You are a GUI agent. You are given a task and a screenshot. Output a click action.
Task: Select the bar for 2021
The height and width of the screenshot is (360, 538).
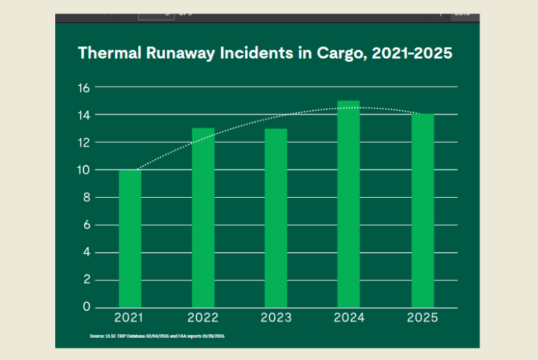(130, 238)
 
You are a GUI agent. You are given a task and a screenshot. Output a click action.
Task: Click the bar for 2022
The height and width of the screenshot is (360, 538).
(203, 217)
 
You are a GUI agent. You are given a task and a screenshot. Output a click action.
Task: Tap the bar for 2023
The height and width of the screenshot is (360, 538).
(276, 217)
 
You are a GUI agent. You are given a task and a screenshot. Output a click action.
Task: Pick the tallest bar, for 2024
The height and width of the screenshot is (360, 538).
(349, 204)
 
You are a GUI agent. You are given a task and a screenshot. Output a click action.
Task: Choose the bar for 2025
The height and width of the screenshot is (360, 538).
(422, 211)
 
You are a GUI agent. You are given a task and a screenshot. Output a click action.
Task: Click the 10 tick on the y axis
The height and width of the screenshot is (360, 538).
(83, 170)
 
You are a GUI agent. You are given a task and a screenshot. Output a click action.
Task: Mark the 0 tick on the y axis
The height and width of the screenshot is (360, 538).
(86, 307)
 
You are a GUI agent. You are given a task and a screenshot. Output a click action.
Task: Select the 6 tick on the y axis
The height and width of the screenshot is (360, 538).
(86, 225)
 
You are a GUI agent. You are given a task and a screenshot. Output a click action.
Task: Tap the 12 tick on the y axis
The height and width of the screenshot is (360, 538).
(83, 142)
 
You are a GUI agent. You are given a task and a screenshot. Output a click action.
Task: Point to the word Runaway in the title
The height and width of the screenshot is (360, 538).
(166, 53)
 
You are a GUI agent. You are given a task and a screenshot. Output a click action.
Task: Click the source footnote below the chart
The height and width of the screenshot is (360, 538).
(156, 335)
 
